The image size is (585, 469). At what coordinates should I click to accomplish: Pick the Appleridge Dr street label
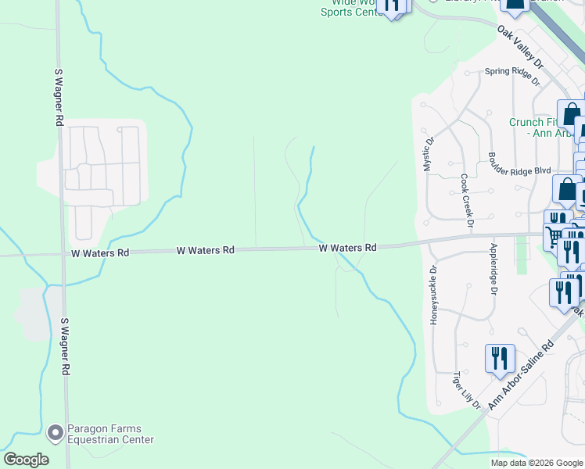tap(493, 268)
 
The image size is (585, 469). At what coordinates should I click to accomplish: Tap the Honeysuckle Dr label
tap(432, 294)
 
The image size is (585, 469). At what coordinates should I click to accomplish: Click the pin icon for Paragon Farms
tap(55, 431)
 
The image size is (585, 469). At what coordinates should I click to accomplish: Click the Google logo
tap(26, 459)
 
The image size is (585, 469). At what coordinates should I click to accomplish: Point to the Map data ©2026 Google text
tap(537, 463)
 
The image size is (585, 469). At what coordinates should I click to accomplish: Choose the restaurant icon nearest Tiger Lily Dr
tap(499, 358)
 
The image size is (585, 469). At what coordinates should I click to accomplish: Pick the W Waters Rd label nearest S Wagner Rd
tap(100, 253)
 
